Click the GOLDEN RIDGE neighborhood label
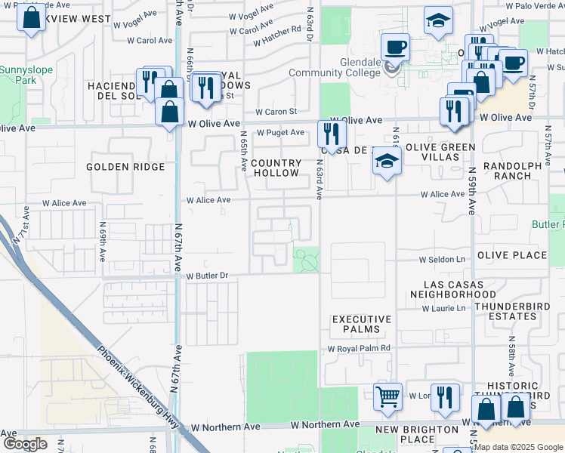pyautogui.click(x=125, y=167)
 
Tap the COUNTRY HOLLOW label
pyautogui.click(x=276, y=168)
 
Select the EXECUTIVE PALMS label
pyautogui.click(x=362, y=325)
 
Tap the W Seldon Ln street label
pyautogui.click(x=443, y=260)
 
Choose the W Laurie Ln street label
pyautogui.click(x=443, y=308)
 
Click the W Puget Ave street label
pyautogui.click(x=280, y=133)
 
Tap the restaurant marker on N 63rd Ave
pyautogui.click(x=332, y=134)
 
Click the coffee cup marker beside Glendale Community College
pyautogui.click(x=395, y=49)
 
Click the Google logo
pyautogui.click(x=25, y=443)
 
